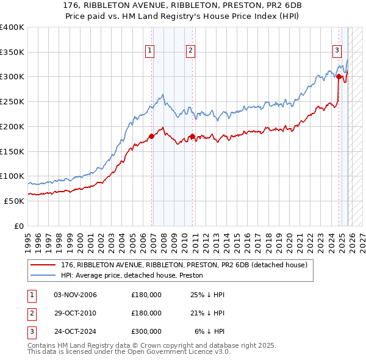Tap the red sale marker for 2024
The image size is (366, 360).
coord(339,76)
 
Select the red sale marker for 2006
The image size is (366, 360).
coord(152,136)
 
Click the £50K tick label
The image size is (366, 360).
coord(15,201)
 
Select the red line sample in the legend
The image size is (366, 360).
coord(44,265)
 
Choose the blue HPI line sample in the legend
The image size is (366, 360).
coord(44,276)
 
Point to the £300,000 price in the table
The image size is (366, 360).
coord(146,331)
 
